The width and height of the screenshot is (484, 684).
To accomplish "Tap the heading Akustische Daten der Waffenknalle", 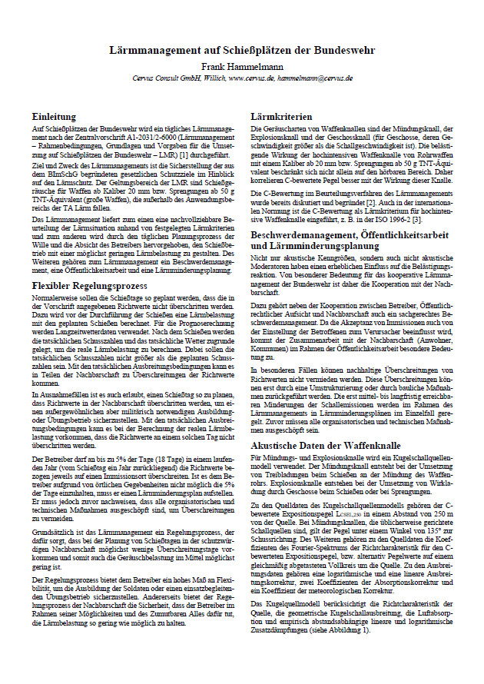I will pos(327,446).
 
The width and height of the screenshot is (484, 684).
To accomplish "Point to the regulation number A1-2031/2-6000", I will pos(152,135).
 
